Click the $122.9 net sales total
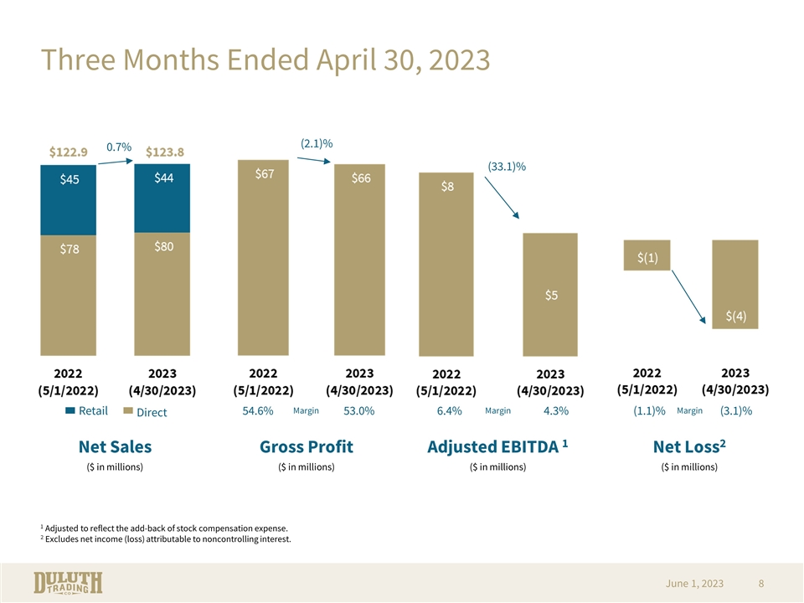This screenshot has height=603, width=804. [x=68, y=152]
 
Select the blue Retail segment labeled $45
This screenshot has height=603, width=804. [x=68, y=200]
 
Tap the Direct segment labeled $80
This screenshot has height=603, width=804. [x=162, y=294]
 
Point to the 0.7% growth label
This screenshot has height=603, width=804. [x=119, y=147]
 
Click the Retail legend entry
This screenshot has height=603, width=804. [x=86, y=410]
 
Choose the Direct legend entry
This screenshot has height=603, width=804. [x=146, y=412]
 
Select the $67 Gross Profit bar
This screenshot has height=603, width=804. [x=263, y=257]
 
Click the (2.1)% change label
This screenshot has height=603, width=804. [x=317, y=143]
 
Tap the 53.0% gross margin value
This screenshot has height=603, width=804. [x=359, y=410]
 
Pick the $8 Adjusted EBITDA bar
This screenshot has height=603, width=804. [x=446, y=264]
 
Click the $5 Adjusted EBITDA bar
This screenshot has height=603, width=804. [x=550, y=294]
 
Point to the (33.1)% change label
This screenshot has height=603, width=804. [x=507, y=167]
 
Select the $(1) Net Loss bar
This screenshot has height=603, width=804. [x=647, y=255]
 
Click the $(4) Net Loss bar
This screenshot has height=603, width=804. [x=735, y=284]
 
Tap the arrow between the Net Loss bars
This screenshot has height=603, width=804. [x=688, y=296]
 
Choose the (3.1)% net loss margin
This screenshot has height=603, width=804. [x=736, y=410]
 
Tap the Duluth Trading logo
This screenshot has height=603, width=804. [x=68, y=583]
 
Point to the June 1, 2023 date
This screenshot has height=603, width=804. [x=694, y=584]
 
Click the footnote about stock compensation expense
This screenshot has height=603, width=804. [x=164, y=528]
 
